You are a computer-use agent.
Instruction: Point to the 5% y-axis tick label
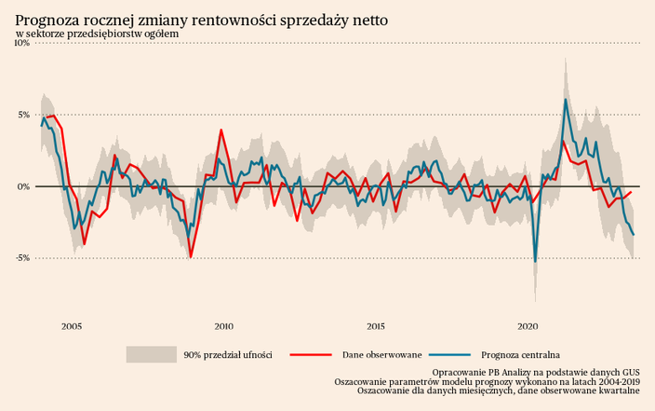[23, 116]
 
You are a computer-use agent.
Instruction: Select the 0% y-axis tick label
[23, 186]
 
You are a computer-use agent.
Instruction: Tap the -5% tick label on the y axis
[21, 258]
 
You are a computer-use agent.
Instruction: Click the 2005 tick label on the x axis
[72, 326]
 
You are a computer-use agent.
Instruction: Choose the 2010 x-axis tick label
[223, 326]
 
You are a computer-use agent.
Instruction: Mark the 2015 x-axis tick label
[376, 326]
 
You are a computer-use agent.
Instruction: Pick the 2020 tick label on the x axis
[528, 326]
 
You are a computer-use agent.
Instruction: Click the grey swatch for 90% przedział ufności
[151, 354]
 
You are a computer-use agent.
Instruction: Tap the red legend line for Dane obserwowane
[311, 354]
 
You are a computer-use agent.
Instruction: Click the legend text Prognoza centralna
[520, 355]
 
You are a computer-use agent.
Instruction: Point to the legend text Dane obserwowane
[381, 355]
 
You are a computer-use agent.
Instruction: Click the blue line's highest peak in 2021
[566, 100]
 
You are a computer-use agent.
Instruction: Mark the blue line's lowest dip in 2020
[535, 261]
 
